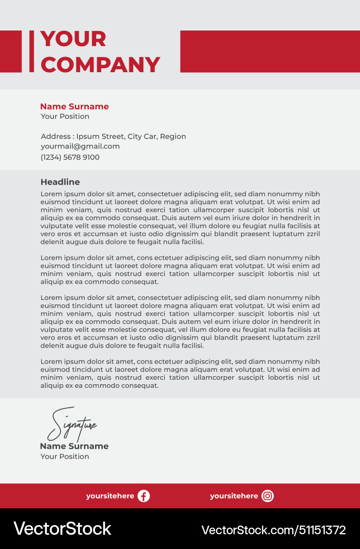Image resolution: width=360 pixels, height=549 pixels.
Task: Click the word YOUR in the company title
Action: tap(73, 39)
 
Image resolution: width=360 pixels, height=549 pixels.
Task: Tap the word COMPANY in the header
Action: tap(100, 65)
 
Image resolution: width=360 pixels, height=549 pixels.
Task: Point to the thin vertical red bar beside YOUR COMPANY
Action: tap(32, 51)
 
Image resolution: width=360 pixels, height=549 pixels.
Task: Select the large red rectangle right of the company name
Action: tap(269, 51)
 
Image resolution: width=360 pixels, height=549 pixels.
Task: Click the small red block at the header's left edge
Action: tap(11, 51)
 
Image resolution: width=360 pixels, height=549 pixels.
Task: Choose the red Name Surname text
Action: tap(74, 107)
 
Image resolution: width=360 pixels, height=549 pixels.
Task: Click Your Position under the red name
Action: tap(65, 116)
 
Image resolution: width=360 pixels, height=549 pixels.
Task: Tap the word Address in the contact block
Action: tap(55, 136)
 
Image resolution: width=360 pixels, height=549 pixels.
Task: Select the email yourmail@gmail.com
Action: tap(80, 146)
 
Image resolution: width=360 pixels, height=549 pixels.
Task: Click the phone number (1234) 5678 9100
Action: tap(70, 158)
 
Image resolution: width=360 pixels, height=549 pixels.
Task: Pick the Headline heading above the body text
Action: tap(60, 182)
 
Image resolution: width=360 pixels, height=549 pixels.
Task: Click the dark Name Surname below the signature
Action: tap(74, 446)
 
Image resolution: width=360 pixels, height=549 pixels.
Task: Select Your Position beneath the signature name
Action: tap(65, 456)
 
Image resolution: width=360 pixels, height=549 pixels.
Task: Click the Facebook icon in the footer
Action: tap(144, 496)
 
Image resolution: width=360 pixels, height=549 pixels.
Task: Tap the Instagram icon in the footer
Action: tap(267, 496)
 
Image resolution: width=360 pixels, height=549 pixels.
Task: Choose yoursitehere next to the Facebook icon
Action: tap(110, 496)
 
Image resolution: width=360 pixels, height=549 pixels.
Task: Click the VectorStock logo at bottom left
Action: tap(62, 529)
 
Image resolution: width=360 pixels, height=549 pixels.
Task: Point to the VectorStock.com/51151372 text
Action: tap(274, 530)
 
